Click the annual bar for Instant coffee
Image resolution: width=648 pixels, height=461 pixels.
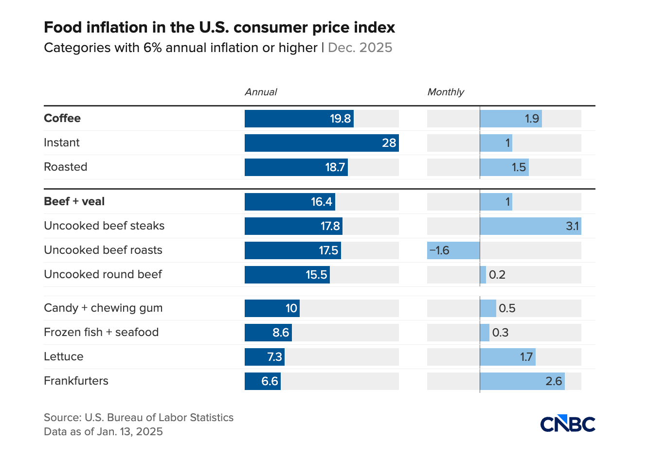pyautogui.click(x=321, y=143)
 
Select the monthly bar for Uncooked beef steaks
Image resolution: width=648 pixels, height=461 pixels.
pyautogui.click(x=530, y=226)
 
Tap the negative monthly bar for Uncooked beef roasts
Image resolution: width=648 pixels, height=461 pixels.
pyautogui.click(x=453, y=250)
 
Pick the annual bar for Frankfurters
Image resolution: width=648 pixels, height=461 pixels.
pyautogui.click(x=263, y=381)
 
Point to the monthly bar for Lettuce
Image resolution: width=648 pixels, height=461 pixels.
pyautogui.click(x=507, y=357)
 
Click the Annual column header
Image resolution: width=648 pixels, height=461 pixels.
pyautogui.click(x=261, y=92)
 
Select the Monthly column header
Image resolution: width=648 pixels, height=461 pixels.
pyautogui.click(x=446, y=92)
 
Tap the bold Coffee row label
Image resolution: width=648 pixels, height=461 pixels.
pyautogui.click(x=62, y=118)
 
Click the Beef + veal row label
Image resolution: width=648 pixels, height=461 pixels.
pyautogui.click(x=74, y=201)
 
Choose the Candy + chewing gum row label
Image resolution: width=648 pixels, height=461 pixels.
pyautogui.click(x=103, y=308)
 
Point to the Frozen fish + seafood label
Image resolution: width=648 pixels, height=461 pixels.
pyautogui.click(x=101, y=332)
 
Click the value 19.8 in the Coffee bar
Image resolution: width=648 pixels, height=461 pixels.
pyautogui.click(x=340, y=119)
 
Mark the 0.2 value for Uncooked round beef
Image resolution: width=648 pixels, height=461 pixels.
pyautogui.click(x=497, y=275)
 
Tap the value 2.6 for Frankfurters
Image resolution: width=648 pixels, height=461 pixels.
pyautogui.click(x=554, y=381)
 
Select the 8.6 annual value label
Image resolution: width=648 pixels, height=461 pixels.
pyautogui.click(x=281, y=333)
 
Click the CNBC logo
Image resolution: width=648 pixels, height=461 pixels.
pyautogui.click(x=567, y=424)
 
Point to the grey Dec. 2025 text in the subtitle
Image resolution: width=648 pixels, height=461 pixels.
pyautogui.click(x=360, y=48)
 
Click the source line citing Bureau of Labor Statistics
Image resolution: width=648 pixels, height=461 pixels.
pyautogui.click(x=139, y=417)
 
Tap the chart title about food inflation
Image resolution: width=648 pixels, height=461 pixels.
pyautogui.click(x=219, y=27)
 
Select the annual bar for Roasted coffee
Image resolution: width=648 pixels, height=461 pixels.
pyautogui.click(x=296, y=167)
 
